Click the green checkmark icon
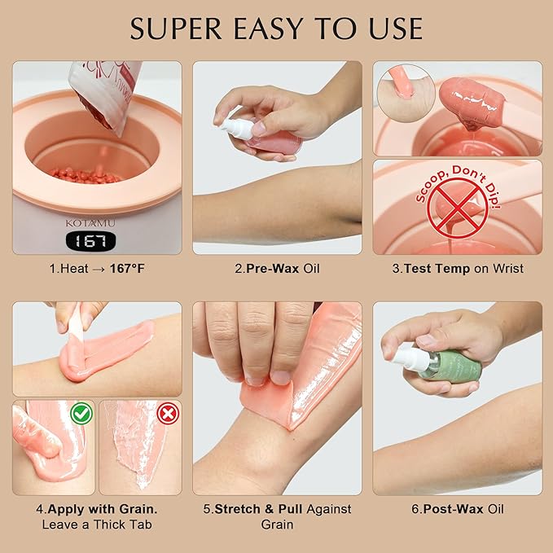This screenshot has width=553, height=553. (x=80, y=413)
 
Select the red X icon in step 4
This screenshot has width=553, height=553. (x=167, y=414)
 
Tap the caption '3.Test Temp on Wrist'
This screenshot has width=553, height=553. (x=457, y=268)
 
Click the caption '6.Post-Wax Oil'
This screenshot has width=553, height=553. (x=457, y=509)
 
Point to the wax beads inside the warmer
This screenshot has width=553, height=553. (x=86, y=174)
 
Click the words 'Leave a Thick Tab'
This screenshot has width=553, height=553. (x=97, y=524)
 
